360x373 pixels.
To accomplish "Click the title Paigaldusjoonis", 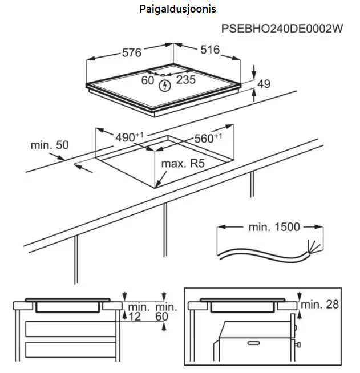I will coord(177,10).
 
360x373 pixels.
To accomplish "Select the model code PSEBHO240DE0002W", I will coord(282,29).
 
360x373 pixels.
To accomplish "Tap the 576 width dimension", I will coord(131,52).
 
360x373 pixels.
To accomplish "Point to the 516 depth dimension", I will coord(209,50).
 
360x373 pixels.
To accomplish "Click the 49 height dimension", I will coord(263,84).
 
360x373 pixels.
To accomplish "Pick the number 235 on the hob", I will coord(185,80).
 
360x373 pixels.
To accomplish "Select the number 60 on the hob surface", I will coord(148,80).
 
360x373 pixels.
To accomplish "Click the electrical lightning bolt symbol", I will coord(165,86).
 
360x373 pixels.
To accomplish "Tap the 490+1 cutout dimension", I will coord(130,137).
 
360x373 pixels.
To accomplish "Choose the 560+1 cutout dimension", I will coord(208,137).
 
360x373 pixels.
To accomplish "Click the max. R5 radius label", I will coord(183,164).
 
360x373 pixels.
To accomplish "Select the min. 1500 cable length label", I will coord(274,227).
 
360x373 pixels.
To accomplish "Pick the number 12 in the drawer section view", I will coord(135,317).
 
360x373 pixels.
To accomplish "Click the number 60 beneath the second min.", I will coord(163,317).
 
